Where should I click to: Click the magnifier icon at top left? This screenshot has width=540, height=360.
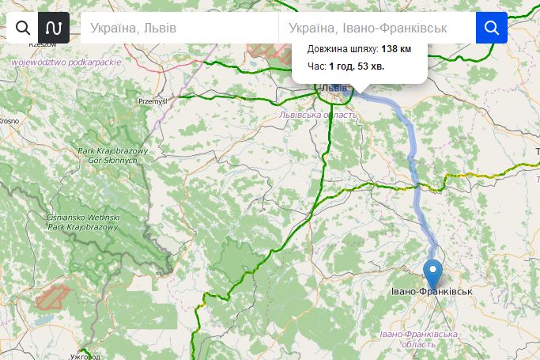click(23, 28)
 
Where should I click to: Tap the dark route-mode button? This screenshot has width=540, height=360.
click(54, 28)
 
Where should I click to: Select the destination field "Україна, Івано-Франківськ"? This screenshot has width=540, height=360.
click(376, 28)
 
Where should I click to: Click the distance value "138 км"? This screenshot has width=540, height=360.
click(396, 49)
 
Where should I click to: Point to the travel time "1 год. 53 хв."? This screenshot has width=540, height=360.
click(357, 66)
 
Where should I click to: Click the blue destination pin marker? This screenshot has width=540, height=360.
click(432, 274)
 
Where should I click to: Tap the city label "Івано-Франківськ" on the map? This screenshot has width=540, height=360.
click(432, 292)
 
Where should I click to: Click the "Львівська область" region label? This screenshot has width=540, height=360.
click(319, 115)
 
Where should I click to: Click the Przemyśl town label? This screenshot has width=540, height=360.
click(153, 101)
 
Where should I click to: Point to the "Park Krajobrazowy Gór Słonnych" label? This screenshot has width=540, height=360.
click(108, 155)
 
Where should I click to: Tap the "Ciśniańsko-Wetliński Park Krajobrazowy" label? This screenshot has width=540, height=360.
click(83, 222)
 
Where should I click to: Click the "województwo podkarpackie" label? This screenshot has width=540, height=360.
click(66, 62)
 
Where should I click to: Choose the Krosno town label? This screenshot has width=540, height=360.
click(9, 121)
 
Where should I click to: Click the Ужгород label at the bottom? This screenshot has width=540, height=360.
click(85, 357)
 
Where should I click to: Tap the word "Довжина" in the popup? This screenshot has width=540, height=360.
click(326, 49)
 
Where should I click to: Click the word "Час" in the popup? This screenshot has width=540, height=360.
click(315, 66)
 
